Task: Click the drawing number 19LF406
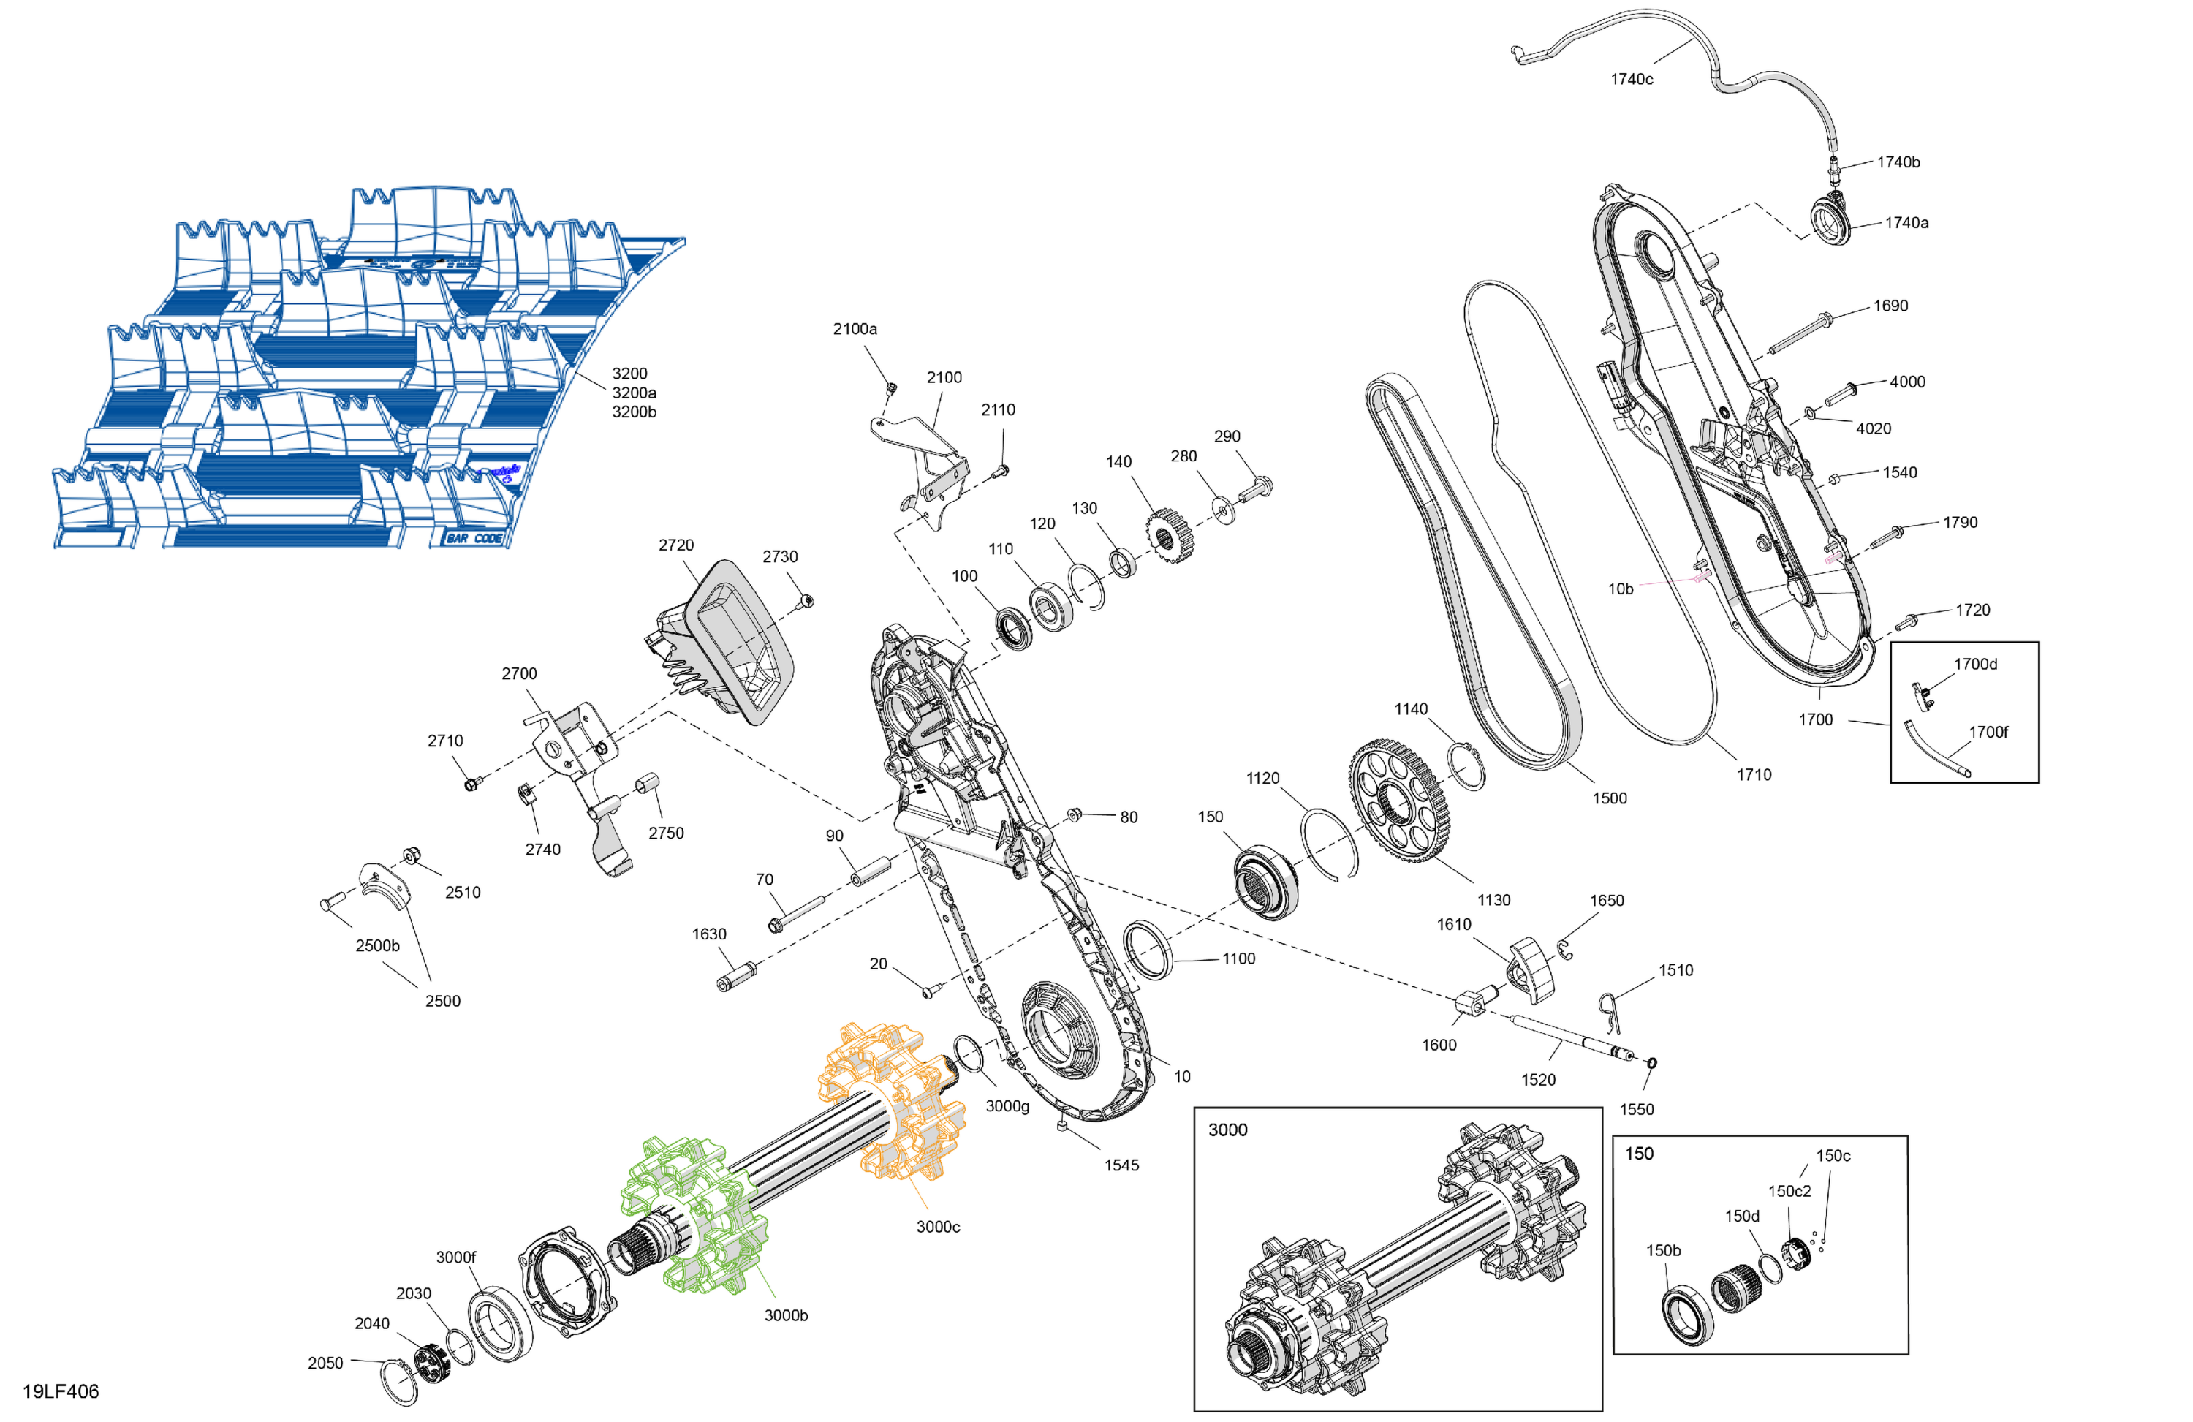coord(61,1391)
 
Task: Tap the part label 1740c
coord(1631,79)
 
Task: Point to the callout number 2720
coord(676,545)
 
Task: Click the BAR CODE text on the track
coord(474,538)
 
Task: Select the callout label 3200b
coord(634,412)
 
